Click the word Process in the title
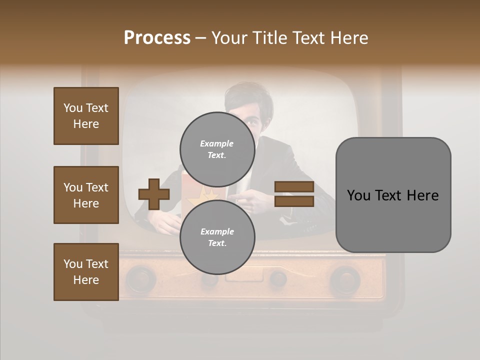(157, 38)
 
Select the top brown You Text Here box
(86, 116)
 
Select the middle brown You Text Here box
(86, 195)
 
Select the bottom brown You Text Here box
(86, 272)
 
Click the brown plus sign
(154, 194)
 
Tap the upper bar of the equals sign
(294, 187)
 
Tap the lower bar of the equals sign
(294, 201)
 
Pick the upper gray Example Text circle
(217, 149)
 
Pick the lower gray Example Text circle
(217, 237)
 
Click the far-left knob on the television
(141, 277)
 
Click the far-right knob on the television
(344, 277)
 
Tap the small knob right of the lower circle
(277, 278)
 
